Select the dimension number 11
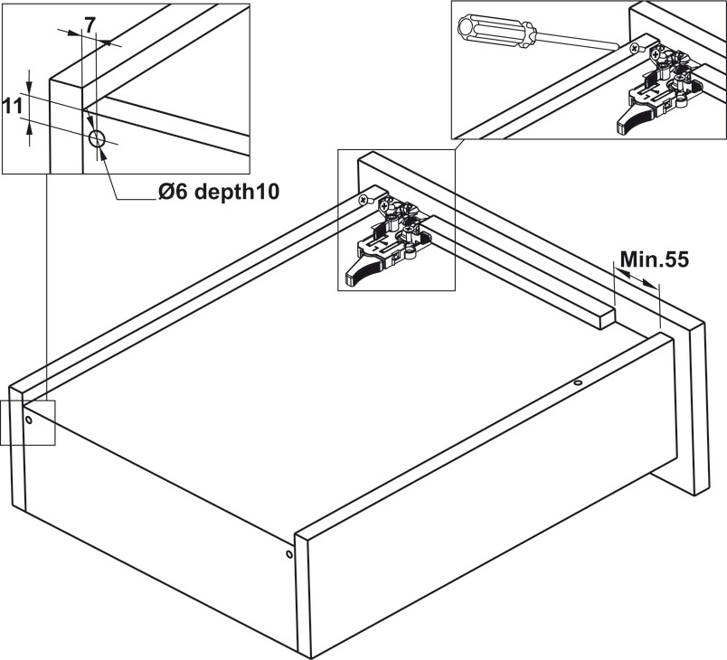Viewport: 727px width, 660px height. coord(12,106)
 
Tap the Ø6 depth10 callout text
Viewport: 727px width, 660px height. coord(217,192)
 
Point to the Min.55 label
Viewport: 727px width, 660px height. coord(655,259)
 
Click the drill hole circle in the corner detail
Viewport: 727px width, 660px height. coord(98,139)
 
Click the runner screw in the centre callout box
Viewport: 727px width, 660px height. coord(364,199)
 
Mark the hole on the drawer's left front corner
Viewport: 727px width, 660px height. coord(30,420)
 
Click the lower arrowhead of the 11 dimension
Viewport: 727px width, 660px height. coord(29,127)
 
